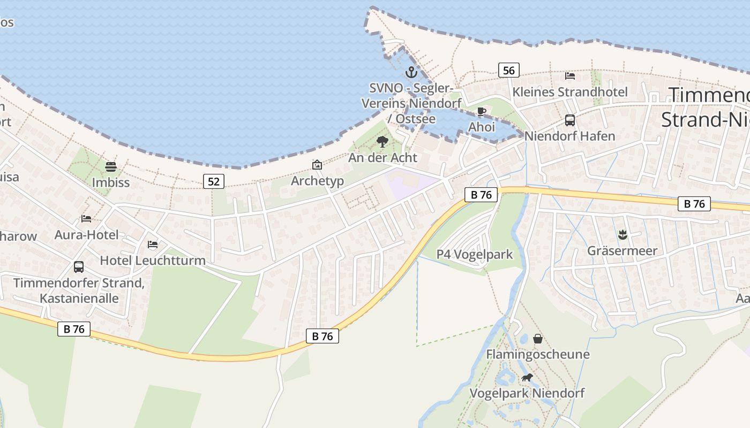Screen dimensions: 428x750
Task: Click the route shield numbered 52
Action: (213, 181)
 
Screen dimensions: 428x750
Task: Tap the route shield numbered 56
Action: (508, 70)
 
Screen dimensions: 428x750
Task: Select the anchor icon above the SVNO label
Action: (411, 72)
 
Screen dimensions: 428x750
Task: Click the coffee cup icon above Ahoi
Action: (482, 112)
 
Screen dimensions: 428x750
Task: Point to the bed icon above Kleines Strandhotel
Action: (570, 76)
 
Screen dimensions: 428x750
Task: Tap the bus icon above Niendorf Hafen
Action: (570, 120)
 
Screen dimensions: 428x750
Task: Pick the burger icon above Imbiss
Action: (111, 166)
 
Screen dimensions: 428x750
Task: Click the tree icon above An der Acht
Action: (382, 142)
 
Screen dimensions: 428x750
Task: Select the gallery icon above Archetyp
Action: (317, 165)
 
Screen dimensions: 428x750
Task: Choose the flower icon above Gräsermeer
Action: (622, 234)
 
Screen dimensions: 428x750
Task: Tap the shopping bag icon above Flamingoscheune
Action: (538, 339)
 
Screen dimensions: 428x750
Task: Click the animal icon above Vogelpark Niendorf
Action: (527, 378)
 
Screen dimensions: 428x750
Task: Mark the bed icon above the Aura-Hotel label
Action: (86, 218)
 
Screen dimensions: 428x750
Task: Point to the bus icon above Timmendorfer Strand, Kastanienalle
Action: (79, 266)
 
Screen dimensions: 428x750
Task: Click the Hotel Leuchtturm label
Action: (153, 261)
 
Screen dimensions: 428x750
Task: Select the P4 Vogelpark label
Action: (475, 255)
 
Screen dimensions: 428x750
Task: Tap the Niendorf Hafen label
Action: (570, 136)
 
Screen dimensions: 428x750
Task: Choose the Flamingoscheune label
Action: (537, 354)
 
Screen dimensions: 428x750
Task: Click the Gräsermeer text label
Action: (622, 250)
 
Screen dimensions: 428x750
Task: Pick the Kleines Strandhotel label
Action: (570, 92)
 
